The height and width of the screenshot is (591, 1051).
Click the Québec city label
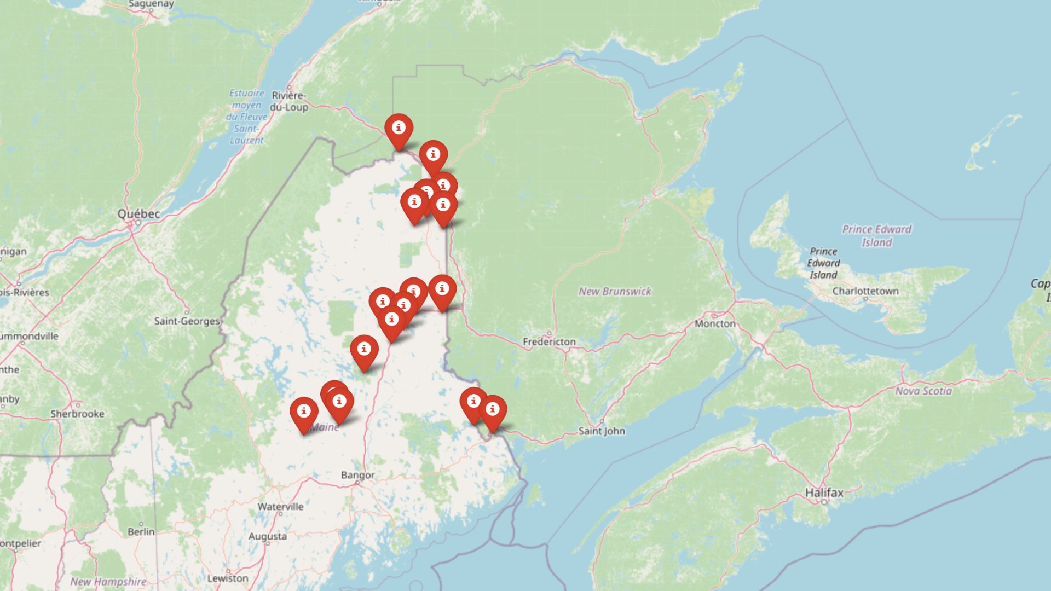(x=138, y=214)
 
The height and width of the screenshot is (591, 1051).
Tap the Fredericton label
(x=549, y=342)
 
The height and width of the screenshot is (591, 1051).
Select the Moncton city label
(x=715, y=323)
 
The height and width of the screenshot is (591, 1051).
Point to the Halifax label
(x=824, y=493)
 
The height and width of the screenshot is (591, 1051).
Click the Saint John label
(x=602, y=431)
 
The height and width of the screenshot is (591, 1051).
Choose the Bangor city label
(x=357, y=475)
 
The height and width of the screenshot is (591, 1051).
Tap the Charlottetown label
(x=865, y=291)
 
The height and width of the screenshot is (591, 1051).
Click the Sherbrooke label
(x=77, y=414)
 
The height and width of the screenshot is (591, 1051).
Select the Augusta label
(x=267, y=536)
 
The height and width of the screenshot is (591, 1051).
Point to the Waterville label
(x=280, y=507)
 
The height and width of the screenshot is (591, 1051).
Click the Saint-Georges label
(x=187, y=321)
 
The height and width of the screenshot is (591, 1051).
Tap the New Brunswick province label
(x=615, y=291)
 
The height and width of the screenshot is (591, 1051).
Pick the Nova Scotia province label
(x=923, y=391)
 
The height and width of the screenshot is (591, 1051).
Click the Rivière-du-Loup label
(x=289, y=101)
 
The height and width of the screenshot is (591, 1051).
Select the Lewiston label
(x=228, y=578)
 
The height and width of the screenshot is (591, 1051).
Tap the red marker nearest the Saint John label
(x=492, y=412)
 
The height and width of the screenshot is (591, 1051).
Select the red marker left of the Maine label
(x=304, y=414)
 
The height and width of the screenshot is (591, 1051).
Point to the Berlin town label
(x=141, y=531)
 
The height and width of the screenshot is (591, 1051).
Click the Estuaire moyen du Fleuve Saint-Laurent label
(x=246, y=117)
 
